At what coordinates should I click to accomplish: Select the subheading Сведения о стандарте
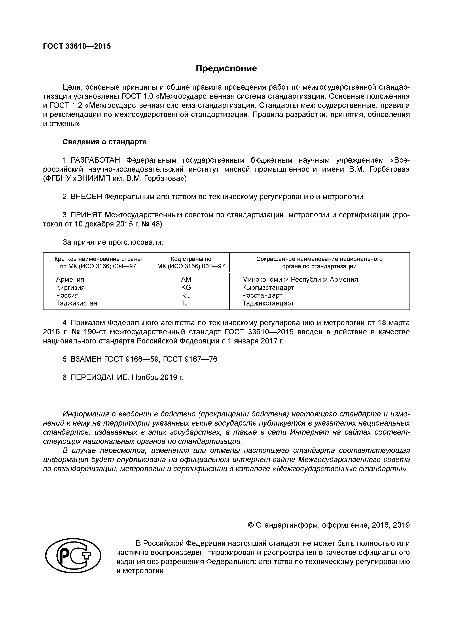point(104,142)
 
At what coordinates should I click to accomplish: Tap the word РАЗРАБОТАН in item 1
point(95,160)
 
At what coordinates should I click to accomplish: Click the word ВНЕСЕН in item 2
point(86,197)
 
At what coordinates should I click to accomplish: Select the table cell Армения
point(70,279)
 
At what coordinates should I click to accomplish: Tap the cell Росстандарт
point(262,295)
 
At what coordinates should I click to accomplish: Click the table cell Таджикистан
point(77,303)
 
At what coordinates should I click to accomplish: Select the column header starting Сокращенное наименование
point(319,262)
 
